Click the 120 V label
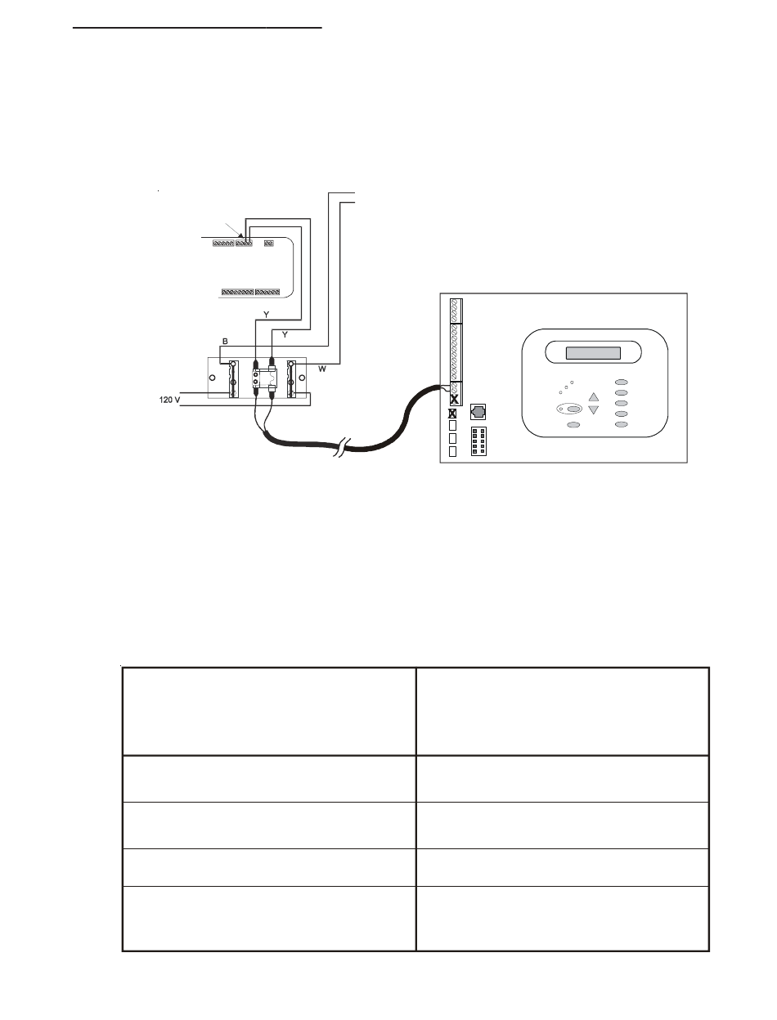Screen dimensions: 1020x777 point(170,401)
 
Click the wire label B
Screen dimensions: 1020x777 point(226,341)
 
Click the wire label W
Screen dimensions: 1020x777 point(322,370)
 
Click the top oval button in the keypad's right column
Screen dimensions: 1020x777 point(622,382)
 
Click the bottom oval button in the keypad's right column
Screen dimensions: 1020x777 point(622,425)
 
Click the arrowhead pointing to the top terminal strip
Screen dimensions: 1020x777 point(240,237)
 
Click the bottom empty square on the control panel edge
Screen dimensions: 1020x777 point(452,452)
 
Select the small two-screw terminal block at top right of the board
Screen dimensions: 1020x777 point(268,243)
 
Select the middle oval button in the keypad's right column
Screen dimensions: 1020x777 point(622,403)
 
